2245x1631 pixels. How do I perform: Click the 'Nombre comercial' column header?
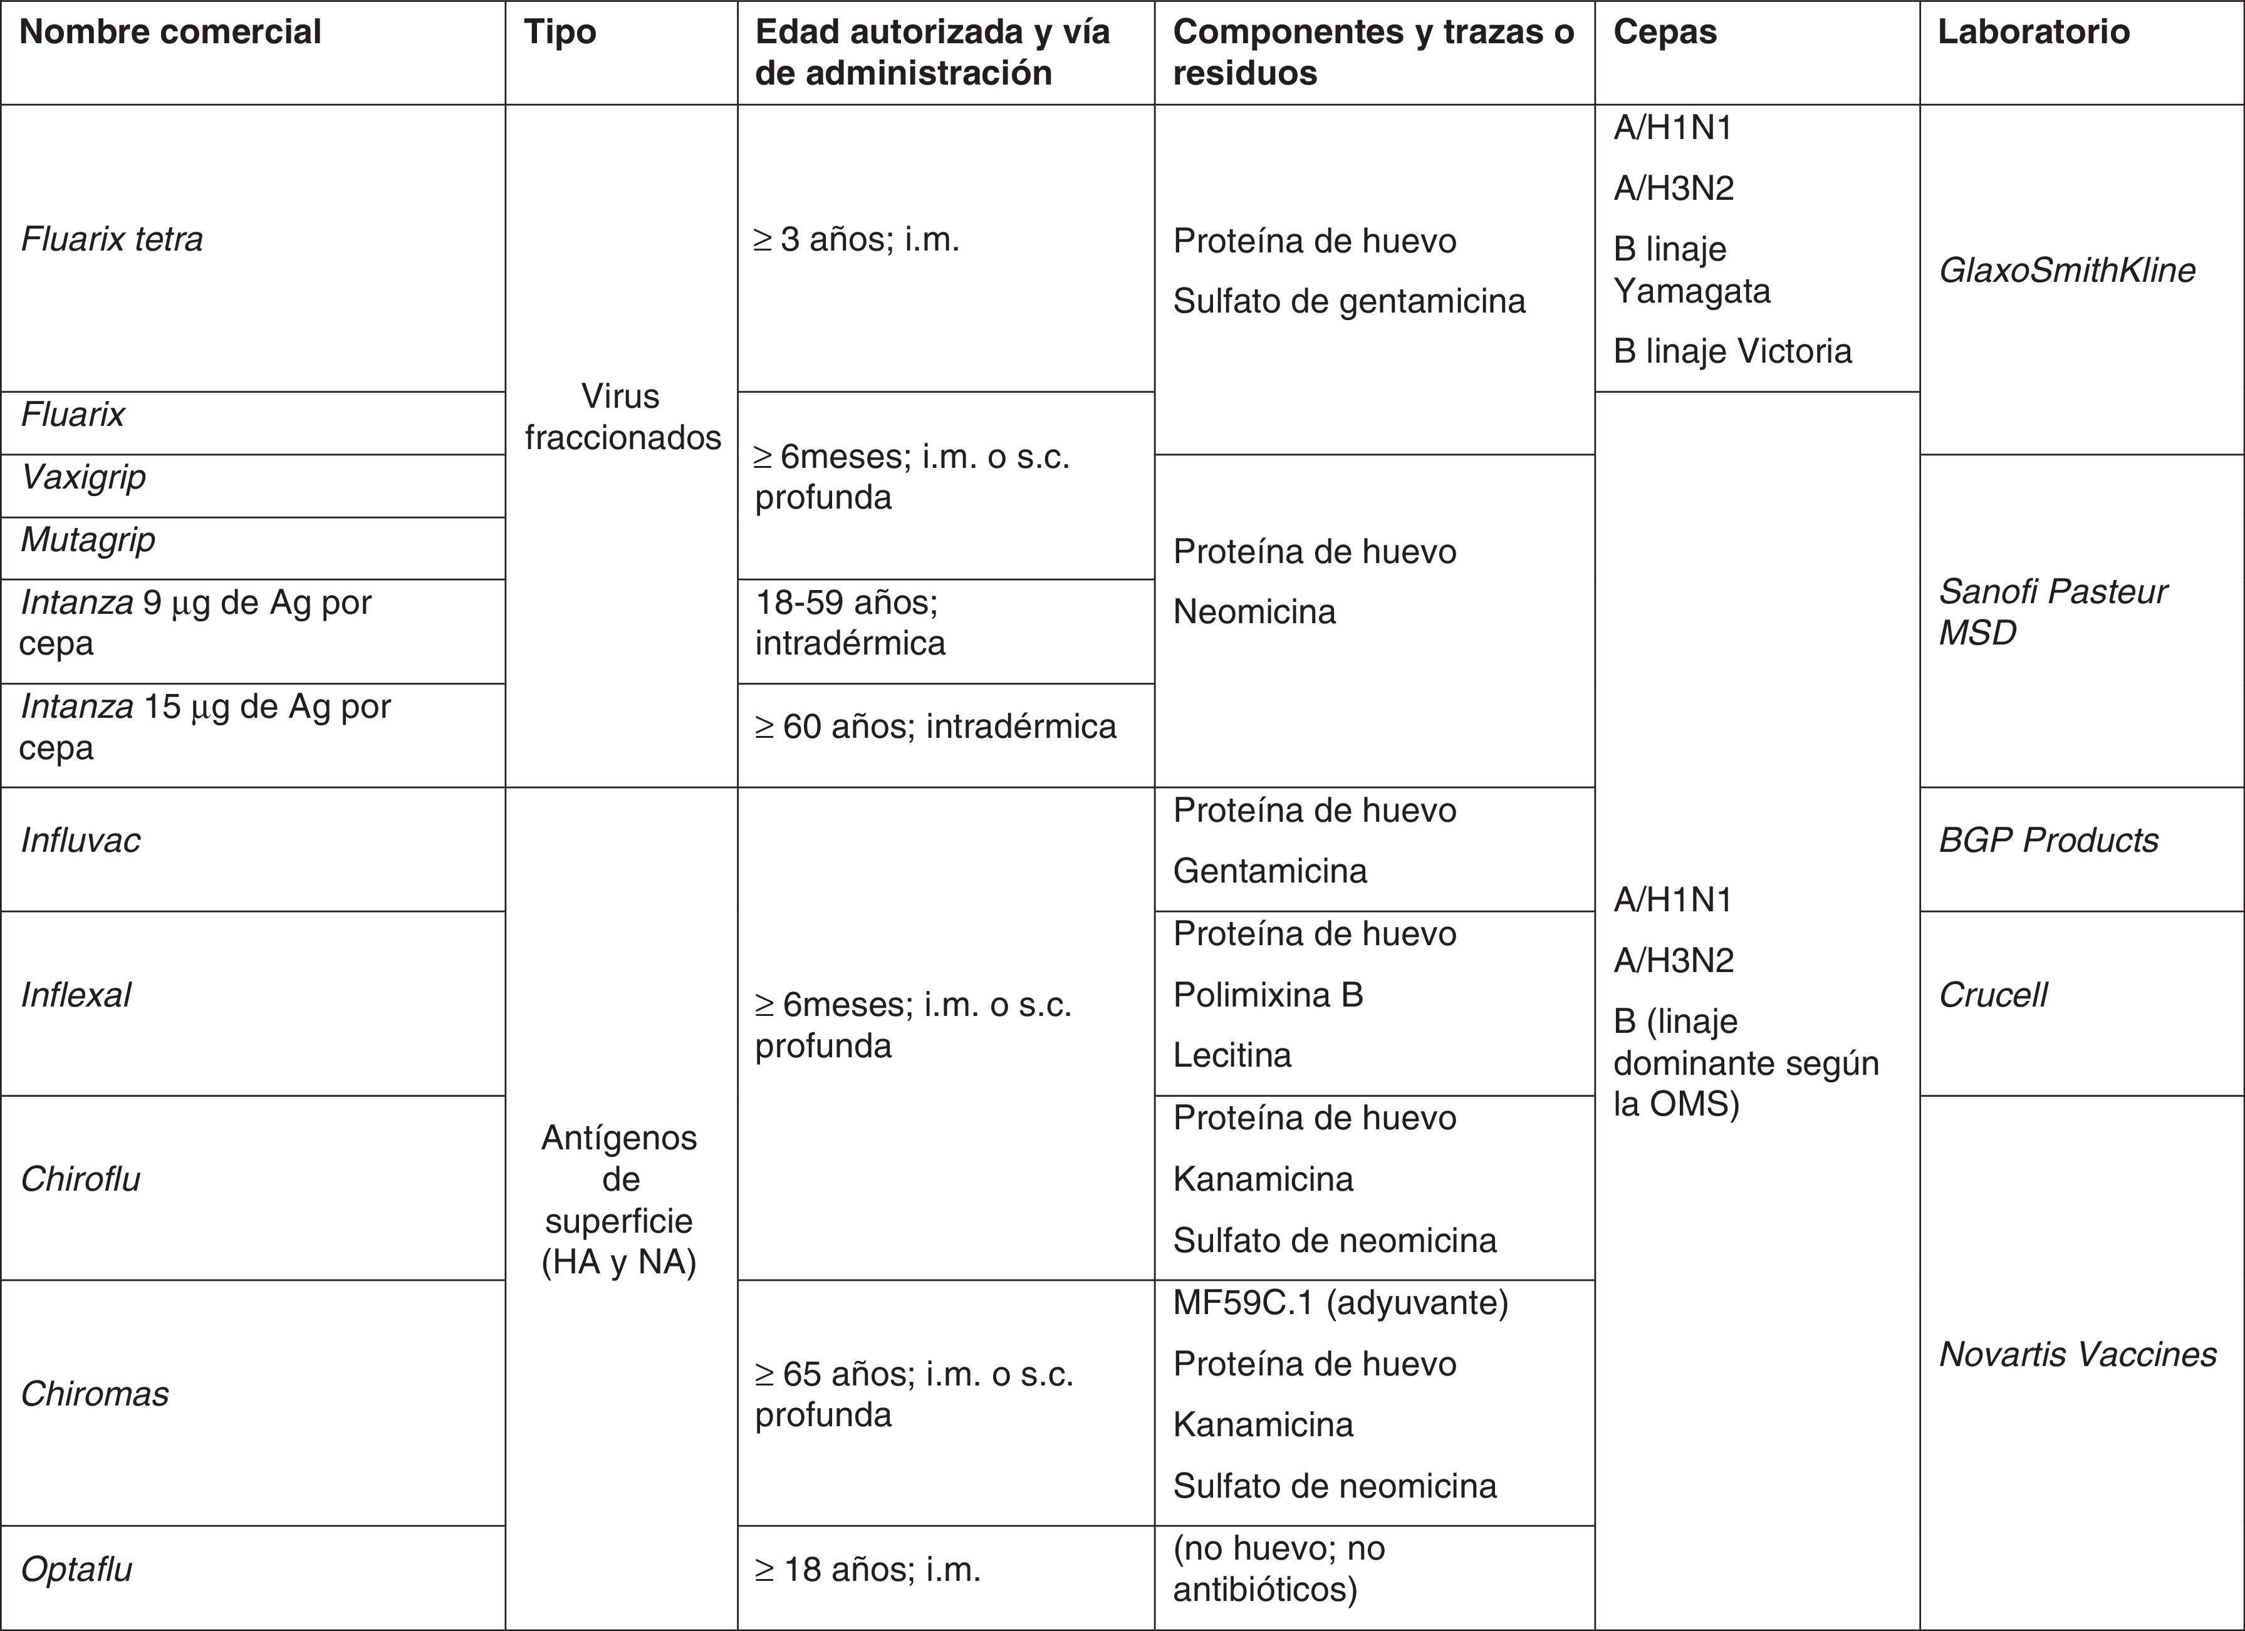170,32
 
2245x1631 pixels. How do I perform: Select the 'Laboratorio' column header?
2033,32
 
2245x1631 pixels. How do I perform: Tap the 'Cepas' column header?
1665,32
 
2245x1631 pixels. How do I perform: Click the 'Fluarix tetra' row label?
112,239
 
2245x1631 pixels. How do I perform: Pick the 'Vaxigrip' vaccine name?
83,477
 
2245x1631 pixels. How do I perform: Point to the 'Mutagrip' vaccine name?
88,539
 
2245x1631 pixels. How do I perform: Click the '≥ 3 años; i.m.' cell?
857,239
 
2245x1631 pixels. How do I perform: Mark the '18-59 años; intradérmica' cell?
850,623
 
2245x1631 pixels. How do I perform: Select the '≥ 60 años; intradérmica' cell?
935,727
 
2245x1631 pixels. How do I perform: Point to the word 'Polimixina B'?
1268,995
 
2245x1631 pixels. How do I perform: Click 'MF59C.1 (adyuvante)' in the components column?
1340,1302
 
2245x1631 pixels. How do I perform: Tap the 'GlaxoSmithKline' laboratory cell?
2067,270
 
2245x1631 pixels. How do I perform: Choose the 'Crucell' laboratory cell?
1992,995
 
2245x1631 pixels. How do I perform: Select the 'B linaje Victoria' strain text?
1732,351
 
